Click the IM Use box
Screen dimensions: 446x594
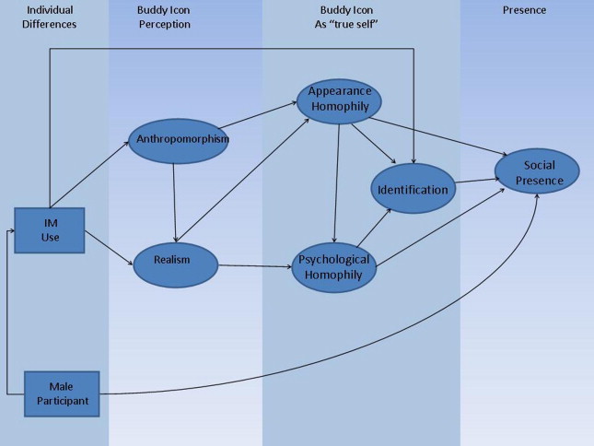pyautogui.click(x=50, y=231)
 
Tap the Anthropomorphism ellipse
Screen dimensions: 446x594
pyautogui.click(x=181, y=139)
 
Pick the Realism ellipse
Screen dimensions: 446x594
pyautogui.click(x=175, y=261)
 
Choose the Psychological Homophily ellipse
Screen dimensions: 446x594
pyautogui.click(x=334, y=266)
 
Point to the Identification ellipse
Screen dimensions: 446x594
pyautogui.click(x=413, y=190)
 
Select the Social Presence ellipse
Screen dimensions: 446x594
pyautogui.click(x=538, y=172)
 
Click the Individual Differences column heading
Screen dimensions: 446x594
pyautogui.click(x=51, y=18)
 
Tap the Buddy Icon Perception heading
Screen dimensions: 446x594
pyautogui.click(x=165, y=18)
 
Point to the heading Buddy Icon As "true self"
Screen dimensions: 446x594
pyautogui.click(x=339, y=18)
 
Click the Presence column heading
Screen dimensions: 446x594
pyautogui.click(x=524, y=10)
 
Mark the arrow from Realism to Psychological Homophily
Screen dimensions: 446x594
pyautogui.click(x=254, y=265)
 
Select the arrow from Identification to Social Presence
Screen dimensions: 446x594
pyautogui.click(x=475, y=182)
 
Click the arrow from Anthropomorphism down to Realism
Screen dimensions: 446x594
pyautogui.click(x=174, y=203)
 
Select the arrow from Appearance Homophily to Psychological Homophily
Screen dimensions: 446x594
pyautogui.click(x=337, y=180)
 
